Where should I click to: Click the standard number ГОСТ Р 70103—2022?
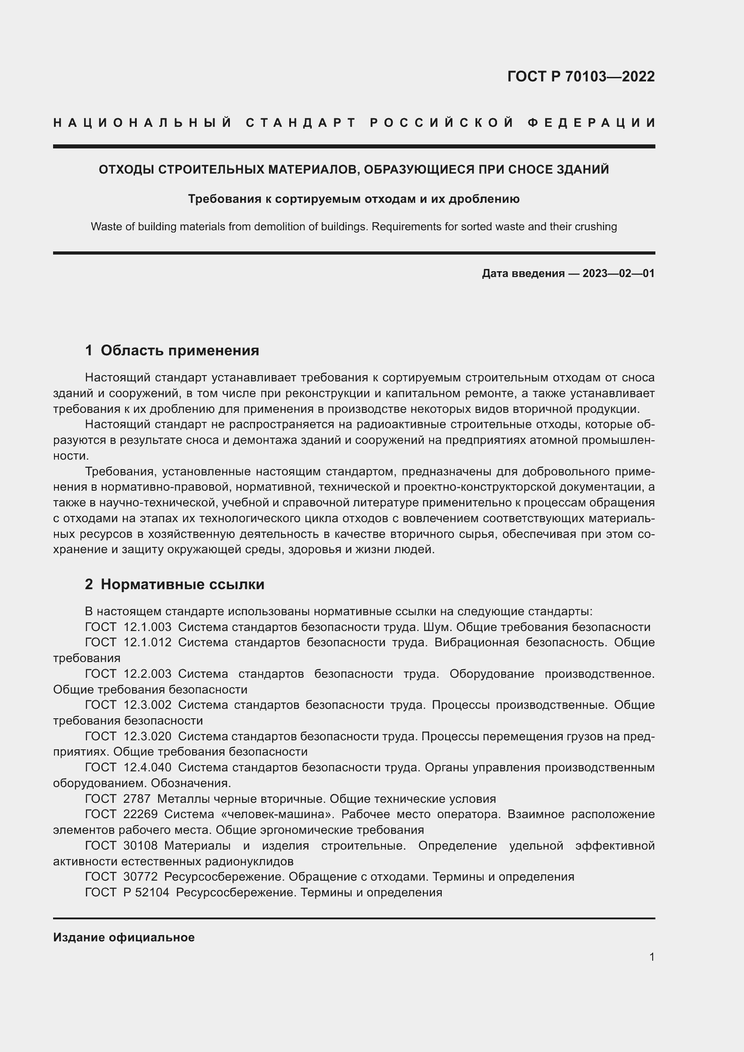(581, 76)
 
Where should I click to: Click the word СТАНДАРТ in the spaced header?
(301, 123)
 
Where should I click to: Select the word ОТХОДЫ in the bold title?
(126, 170)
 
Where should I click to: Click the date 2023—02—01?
(618, 273)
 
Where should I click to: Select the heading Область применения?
(179, 350)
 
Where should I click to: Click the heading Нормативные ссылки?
(182, 584)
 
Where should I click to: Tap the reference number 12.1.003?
(148, 627)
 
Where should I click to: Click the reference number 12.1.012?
(148, 643)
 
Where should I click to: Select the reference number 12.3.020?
(148, 736)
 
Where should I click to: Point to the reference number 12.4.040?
(148, 767)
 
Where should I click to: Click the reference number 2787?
(137, 799)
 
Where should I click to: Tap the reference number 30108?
(141, 846)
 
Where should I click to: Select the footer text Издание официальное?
(124, 937)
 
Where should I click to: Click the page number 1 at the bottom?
(652, 957)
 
